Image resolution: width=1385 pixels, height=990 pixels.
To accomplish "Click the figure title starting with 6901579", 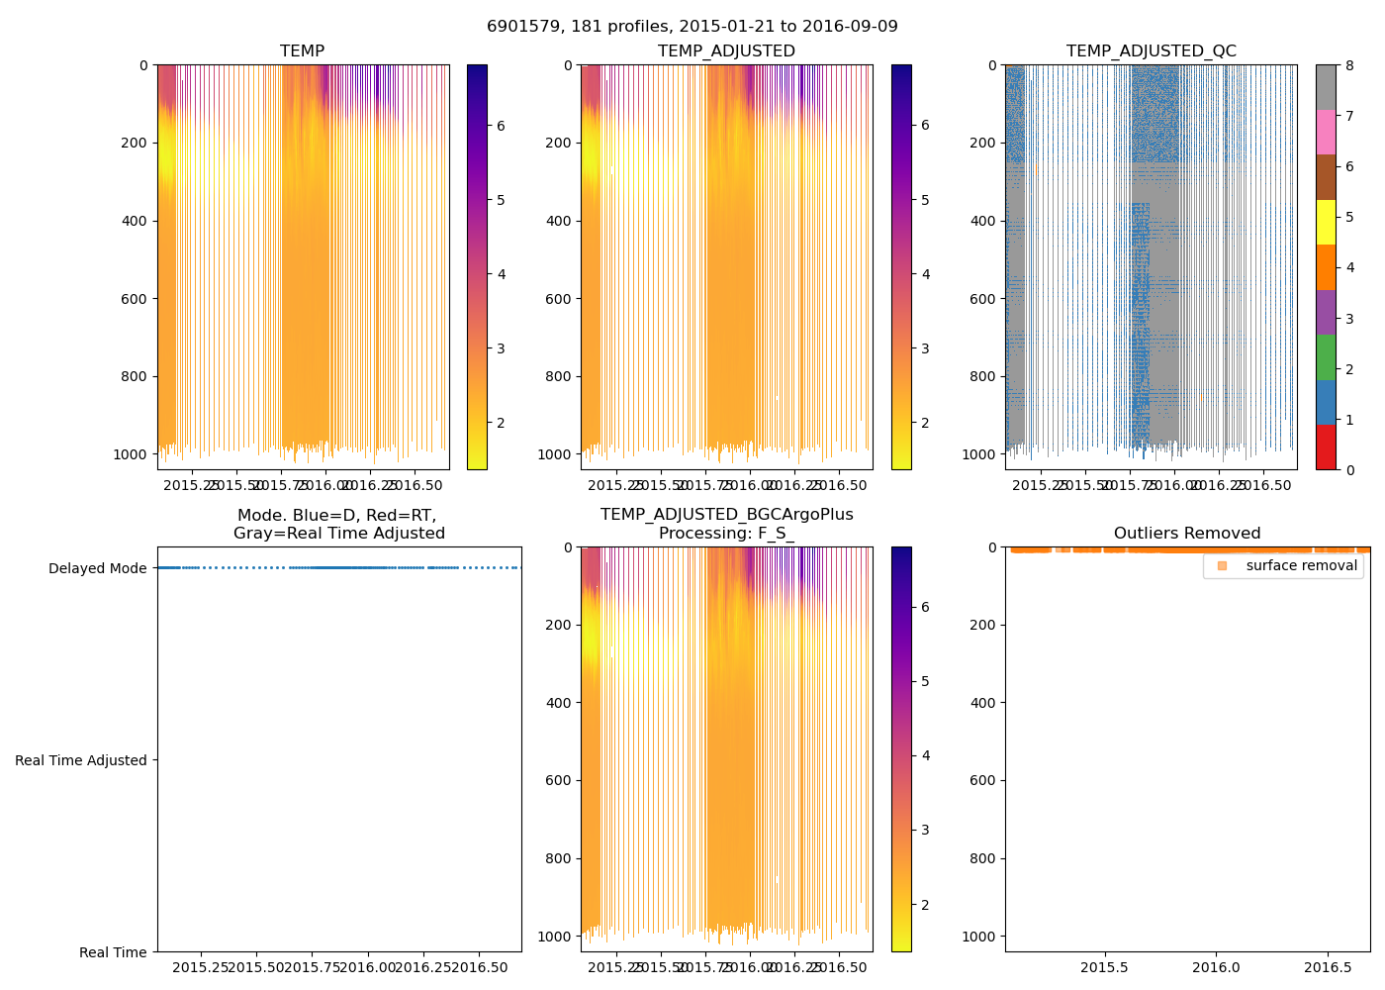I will [692, 27].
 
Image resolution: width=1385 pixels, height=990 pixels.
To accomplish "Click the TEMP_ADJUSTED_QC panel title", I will [1151, 51].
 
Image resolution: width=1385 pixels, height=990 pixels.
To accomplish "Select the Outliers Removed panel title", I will [1187, 534].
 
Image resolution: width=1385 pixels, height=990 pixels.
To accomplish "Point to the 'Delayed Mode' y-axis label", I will [97, 568].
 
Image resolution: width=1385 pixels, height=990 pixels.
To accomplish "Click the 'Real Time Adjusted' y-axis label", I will [81, 760].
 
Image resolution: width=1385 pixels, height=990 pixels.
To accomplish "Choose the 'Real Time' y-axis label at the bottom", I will [113, 952].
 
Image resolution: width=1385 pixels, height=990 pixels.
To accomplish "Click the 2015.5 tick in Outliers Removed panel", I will [1104, 967].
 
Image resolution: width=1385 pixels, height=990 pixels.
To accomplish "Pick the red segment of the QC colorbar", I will [1326, 447].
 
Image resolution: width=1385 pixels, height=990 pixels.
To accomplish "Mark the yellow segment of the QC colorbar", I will [1326, 223].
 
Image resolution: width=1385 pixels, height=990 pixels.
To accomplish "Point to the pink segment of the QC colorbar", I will [1326, 133].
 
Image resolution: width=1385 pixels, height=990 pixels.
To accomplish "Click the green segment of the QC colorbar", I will [1326, 357].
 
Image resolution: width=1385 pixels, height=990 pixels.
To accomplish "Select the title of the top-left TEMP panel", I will [302, 51].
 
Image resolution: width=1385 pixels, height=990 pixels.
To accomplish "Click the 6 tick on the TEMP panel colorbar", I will [501, 126].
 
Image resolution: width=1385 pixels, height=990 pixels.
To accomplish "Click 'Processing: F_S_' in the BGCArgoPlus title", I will [726, 534].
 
